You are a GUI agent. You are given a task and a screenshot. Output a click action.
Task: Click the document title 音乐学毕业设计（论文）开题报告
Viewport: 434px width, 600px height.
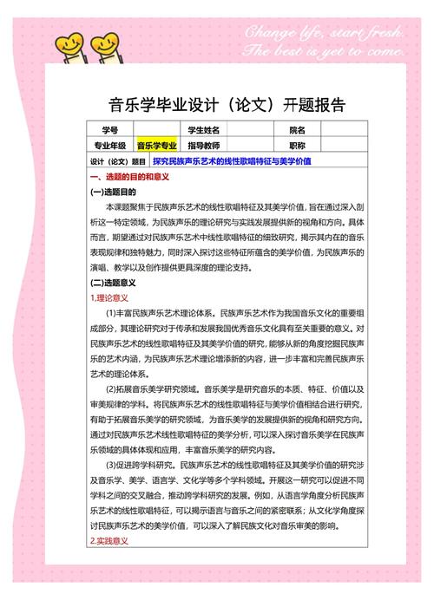[x=216, y=105]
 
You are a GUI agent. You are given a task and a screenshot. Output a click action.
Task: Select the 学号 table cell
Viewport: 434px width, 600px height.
[x=110, y=129]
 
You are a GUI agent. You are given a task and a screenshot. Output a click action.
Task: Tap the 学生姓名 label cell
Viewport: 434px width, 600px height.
[x=204, y=129]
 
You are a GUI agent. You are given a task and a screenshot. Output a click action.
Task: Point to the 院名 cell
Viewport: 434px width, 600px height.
[x=298, y=129]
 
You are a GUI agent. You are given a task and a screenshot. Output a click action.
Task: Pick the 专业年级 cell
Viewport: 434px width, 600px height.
[x=110, y=145]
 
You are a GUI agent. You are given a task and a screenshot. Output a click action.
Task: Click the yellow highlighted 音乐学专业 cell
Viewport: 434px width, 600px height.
[x=157, y=145]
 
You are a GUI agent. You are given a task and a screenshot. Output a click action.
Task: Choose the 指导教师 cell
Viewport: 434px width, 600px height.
[x=204, y=145]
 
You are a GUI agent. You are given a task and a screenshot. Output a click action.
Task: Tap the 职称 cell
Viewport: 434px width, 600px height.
[x=298, y=145]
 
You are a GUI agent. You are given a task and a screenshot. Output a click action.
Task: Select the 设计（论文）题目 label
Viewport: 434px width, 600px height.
[x=118, y=161]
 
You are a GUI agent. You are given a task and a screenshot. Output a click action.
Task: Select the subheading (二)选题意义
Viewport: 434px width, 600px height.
[x=113, y=282]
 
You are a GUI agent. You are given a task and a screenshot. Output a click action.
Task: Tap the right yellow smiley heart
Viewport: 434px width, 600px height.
[x=105, y=41]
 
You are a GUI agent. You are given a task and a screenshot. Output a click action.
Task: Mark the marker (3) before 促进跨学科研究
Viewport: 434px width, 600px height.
[x=111, y=465]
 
